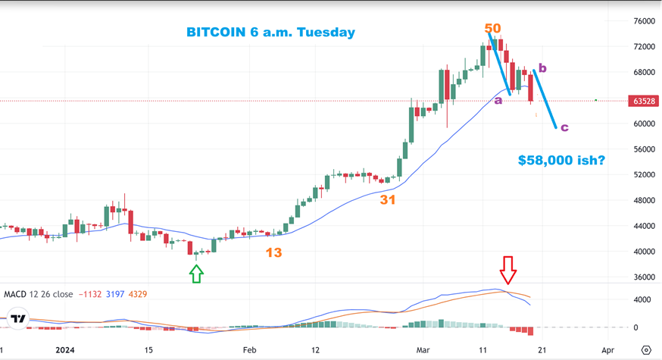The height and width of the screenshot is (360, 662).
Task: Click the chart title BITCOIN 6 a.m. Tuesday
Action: [270, 33]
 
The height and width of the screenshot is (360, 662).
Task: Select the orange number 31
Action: [388, 200]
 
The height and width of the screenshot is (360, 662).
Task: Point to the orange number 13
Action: [273, 252]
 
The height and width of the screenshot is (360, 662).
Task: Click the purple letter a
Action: [498, 99]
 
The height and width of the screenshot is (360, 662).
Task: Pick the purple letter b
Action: [542, 68]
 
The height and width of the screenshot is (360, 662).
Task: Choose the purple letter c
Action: [564, 127]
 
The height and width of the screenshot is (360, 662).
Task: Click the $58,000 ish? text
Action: [561, 161]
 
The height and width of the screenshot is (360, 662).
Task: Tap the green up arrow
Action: [197, 273]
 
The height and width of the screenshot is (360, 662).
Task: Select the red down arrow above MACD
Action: [507, 268]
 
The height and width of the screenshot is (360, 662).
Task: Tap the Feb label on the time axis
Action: [249, 351]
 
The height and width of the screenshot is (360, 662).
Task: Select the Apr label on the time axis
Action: [607, 351]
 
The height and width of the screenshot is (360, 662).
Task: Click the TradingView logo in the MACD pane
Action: [18, 319]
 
